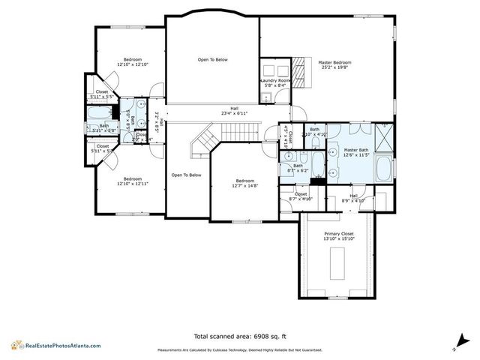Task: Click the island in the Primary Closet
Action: pyautogui.click(x=339, y=262)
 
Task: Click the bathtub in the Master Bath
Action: pyautogui.click(x=382, y=169)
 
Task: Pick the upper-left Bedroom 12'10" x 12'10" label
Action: pyautogui.click(x=132, y=61)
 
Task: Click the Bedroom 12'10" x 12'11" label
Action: pyautogui.click(x=132, y=181)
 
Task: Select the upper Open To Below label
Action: pyautogui.click(x=212, y=59)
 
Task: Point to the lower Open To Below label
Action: pyautogui.click(x=186, y=175)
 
